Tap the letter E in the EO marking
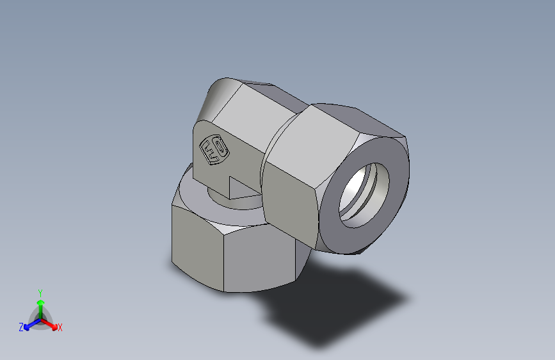209,153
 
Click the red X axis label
60,327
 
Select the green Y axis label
40,292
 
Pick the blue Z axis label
21,327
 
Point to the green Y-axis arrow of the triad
40,304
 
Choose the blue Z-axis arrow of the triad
29,324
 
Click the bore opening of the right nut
364,192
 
